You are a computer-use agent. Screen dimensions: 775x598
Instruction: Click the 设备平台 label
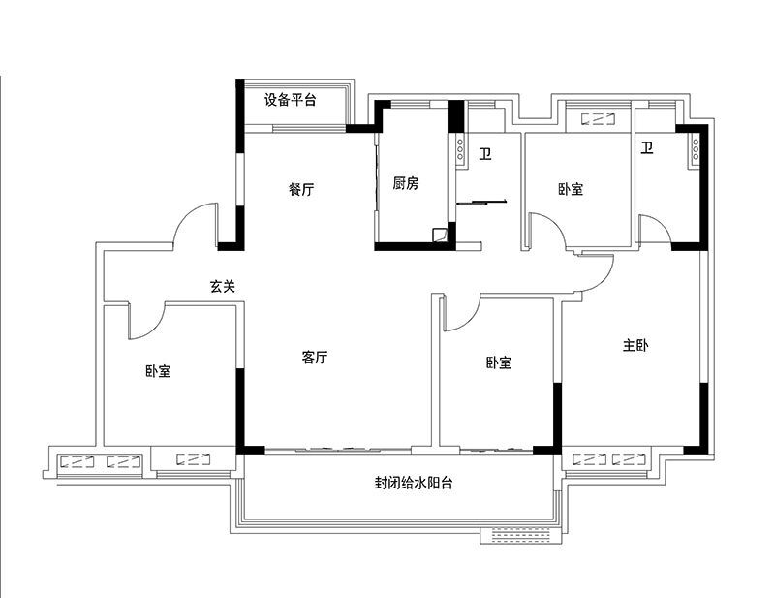290,100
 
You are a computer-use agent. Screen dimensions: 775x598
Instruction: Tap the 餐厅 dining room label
301,189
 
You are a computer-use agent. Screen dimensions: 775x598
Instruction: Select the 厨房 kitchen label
406,183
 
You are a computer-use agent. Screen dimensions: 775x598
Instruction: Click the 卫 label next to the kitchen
485,154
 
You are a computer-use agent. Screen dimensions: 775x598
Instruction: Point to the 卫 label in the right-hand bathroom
647,147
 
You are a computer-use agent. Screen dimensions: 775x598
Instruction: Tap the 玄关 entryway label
223,286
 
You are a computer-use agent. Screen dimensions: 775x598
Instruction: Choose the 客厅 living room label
315,357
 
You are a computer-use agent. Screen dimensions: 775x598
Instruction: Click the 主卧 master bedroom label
635,345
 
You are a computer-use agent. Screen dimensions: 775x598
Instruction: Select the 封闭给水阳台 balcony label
414,483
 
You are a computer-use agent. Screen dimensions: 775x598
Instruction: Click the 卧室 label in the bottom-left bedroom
158,371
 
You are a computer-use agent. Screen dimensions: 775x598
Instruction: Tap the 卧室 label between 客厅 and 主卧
498,362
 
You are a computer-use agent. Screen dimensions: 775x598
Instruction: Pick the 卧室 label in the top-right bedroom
571,189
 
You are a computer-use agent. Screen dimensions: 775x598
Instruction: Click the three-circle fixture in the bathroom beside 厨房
459,149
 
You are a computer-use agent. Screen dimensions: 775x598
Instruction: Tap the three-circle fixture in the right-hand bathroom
696,149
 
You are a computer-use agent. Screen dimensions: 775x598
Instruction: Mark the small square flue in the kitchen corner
439,235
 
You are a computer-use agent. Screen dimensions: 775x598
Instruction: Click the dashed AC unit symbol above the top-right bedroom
598,119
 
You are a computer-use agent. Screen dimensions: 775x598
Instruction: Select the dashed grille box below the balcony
521,536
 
